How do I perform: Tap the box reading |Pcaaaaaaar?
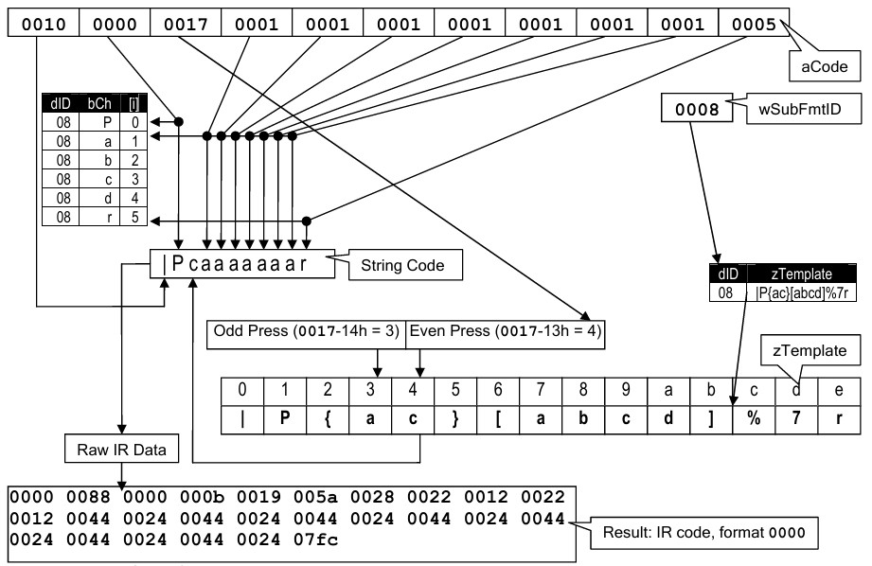coord(242,264)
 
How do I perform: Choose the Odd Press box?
coord(306,333)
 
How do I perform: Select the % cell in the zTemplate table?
coord(754,418)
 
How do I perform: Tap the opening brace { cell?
coord(328,418)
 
